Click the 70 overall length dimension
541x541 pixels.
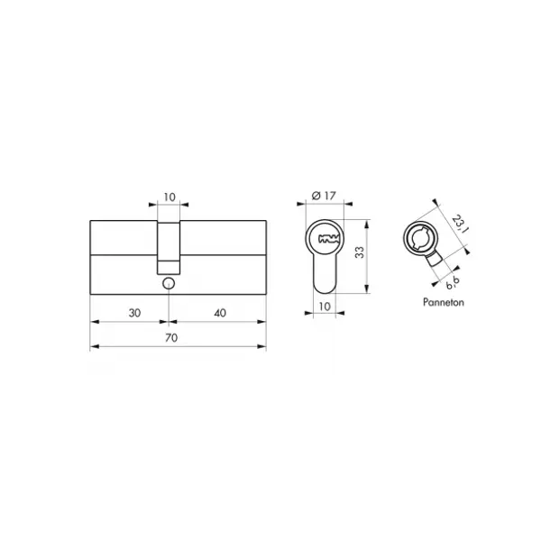171,337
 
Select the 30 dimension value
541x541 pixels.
134,313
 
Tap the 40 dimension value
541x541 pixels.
220,313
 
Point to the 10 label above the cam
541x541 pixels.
170,197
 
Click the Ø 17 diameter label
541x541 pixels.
324,196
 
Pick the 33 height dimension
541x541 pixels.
360,252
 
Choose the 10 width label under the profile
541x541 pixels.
325,306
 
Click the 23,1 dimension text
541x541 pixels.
461,224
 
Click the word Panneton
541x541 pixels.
444,302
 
